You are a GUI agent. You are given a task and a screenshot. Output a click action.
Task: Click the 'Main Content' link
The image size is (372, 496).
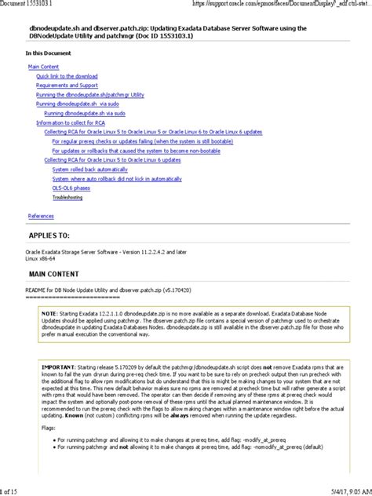pyautogui.click(x=43, y=67)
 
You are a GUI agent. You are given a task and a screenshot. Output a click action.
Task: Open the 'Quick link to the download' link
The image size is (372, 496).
pyautogui.click(x=67, y=76)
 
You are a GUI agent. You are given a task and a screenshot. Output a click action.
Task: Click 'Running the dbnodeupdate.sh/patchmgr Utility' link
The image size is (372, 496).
pyautogui.click(x=90, y=95)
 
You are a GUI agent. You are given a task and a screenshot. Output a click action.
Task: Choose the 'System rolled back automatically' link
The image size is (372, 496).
pyautogui.click(x=89, y=170)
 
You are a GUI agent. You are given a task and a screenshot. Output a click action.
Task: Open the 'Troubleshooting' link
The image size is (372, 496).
pyautogui.click(x=67, y=198)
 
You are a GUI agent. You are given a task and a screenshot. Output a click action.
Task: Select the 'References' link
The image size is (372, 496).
pyautogui.click(x=41, y=216)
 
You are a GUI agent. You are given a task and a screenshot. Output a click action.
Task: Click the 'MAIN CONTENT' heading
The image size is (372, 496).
pyautogui.click(x=53, y=274)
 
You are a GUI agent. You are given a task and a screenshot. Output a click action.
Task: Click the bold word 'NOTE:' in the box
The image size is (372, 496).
pyautogui.click(x=51, y=313)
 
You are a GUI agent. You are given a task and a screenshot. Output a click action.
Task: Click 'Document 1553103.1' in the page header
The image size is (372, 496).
pyautogui.click(x=31, y=5)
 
